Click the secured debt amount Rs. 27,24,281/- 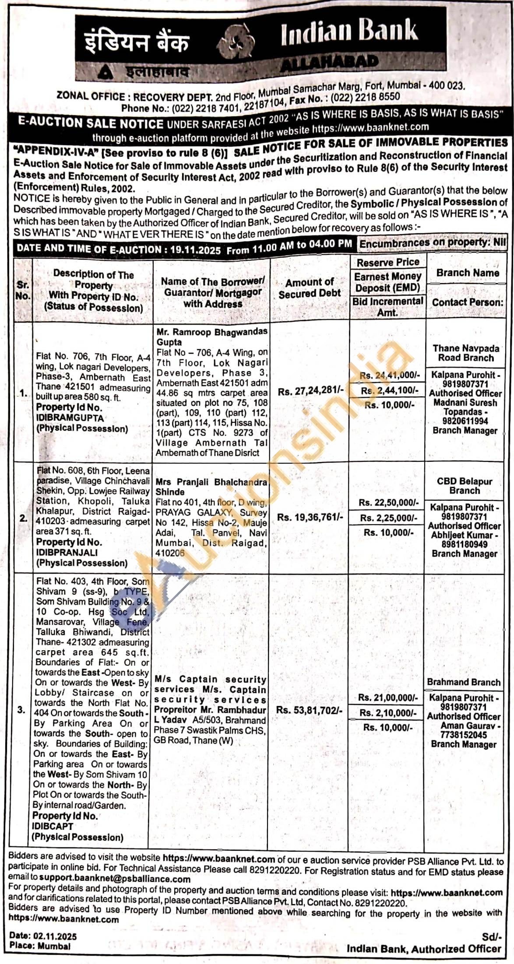tap(309, 391)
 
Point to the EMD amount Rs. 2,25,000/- tap(387, 517)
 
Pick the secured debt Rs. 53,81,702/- tap(309, 709)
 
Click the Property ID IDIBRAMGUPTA tap(70, 418)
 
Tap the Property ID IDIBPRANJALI tap(67, 553)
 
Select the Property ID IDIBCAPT tap(53, 826)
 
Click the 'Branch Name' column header tap(467, 273)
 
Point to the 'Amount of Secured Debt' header tap(310, 288)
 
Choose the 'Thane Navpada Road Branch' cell tap(466, 353)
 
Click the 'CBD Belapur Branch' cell tap(465, 486)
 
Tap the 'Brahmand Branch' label tap(464, 682)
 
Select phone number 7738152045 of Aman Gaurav tap(464, 735)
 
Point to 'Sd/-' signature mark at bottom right tap(491, 937)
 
